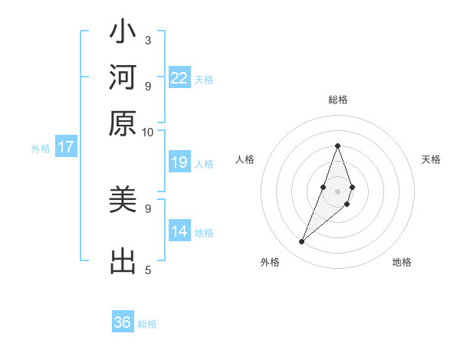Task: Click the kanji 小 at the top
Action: tap(123, 35)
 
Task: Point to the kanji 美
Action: tap(123, 201)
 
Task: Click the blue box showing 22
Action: tap(179, 78)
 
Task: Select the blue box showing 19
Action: tap(179, 162)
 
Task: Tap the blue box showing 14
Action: tap(179, 231)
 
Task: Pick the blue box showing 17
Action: tap(66, 147)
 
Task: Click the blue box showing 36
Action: tap(123, 322)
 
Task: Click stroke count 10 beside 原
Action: tap(147, 131)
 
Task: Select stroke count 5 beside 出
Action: tap(147, 270)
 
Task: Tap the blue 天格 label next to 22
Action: tap(204, 80)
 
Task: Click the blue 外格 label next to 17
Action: tap(41, 149)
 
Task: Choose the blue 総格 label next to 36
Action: tap(147, 324)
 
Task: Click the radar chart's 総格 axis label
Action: tap(337, 100)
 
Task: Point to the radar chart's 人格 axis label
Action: tap(245, 159)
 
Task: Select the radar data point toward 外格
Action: tap(302, 242)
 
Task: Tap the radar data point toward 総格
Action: tap(337, 146)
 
